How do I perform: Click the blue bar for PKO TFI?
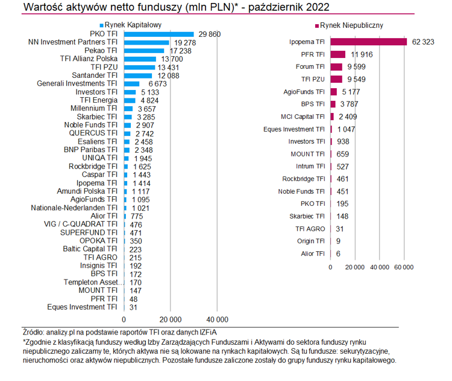[x=159, y=34]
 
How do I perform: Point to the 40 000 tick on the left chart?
[x=218, y=319]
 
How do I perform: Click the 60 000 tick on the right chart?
[x=403, y=266]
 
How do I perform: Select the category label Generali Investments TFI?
[x=78, y=83]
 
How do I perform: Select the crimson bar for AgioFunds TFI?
[x=333, y=92]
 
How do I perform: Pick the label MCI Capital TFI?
[x=303, y=117]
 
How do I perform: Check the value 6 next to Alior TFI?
[x=339, y=254]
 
